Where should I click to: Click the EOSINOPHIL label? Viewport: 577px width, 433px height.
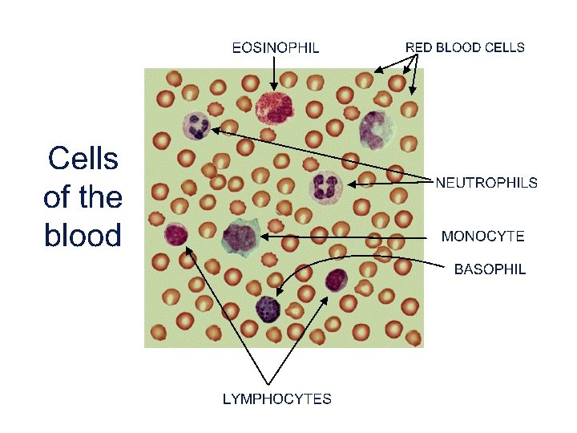[276, 47]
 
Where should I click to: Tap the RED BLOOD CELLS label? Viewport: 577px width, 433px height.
[465, 47]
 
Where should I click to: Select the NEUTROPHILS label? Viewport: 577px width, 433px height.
[486, 183]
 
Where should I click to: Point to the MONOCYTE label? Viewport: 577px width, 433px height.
[483, 236]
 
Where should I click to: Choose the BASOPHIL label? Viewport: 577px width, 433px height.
[490, 269]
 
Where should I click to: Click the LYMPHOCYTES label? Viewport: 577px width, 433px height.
[277, 399]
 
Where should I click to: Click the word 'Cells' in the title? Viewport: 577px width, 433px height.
[83, 160]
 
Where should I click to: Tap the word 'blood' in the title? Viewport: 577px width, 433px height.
[83, 236]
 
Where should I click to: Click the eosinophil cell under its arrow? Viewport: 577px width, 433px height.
[275, 109]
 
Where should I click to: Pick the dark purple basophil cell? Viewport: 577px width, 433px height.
[268, 308]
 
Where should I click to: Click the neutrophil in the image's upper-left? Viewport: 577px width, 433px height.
[196, 125]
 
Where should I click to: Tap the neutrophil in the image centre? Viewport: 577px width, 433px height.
[325, 185]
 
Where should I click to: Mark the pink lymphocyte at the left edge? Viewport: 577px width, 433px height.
[176, 234]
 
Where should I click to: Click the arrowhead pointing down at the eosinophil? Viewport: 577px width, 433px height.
[275, 87]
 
